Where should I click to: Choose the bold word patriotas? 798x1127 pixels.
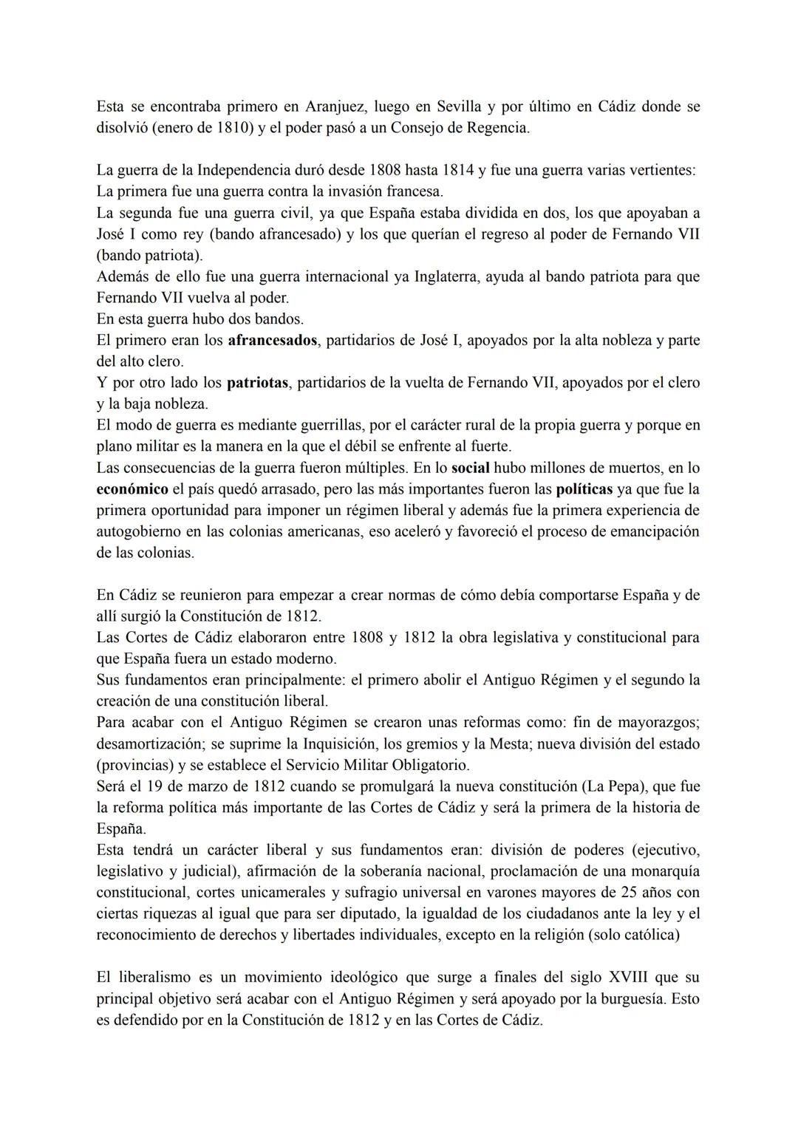258,384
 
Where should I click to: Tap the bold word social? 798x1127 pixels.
471,469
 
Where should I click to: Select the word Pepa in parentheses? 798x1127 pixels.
673,786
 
